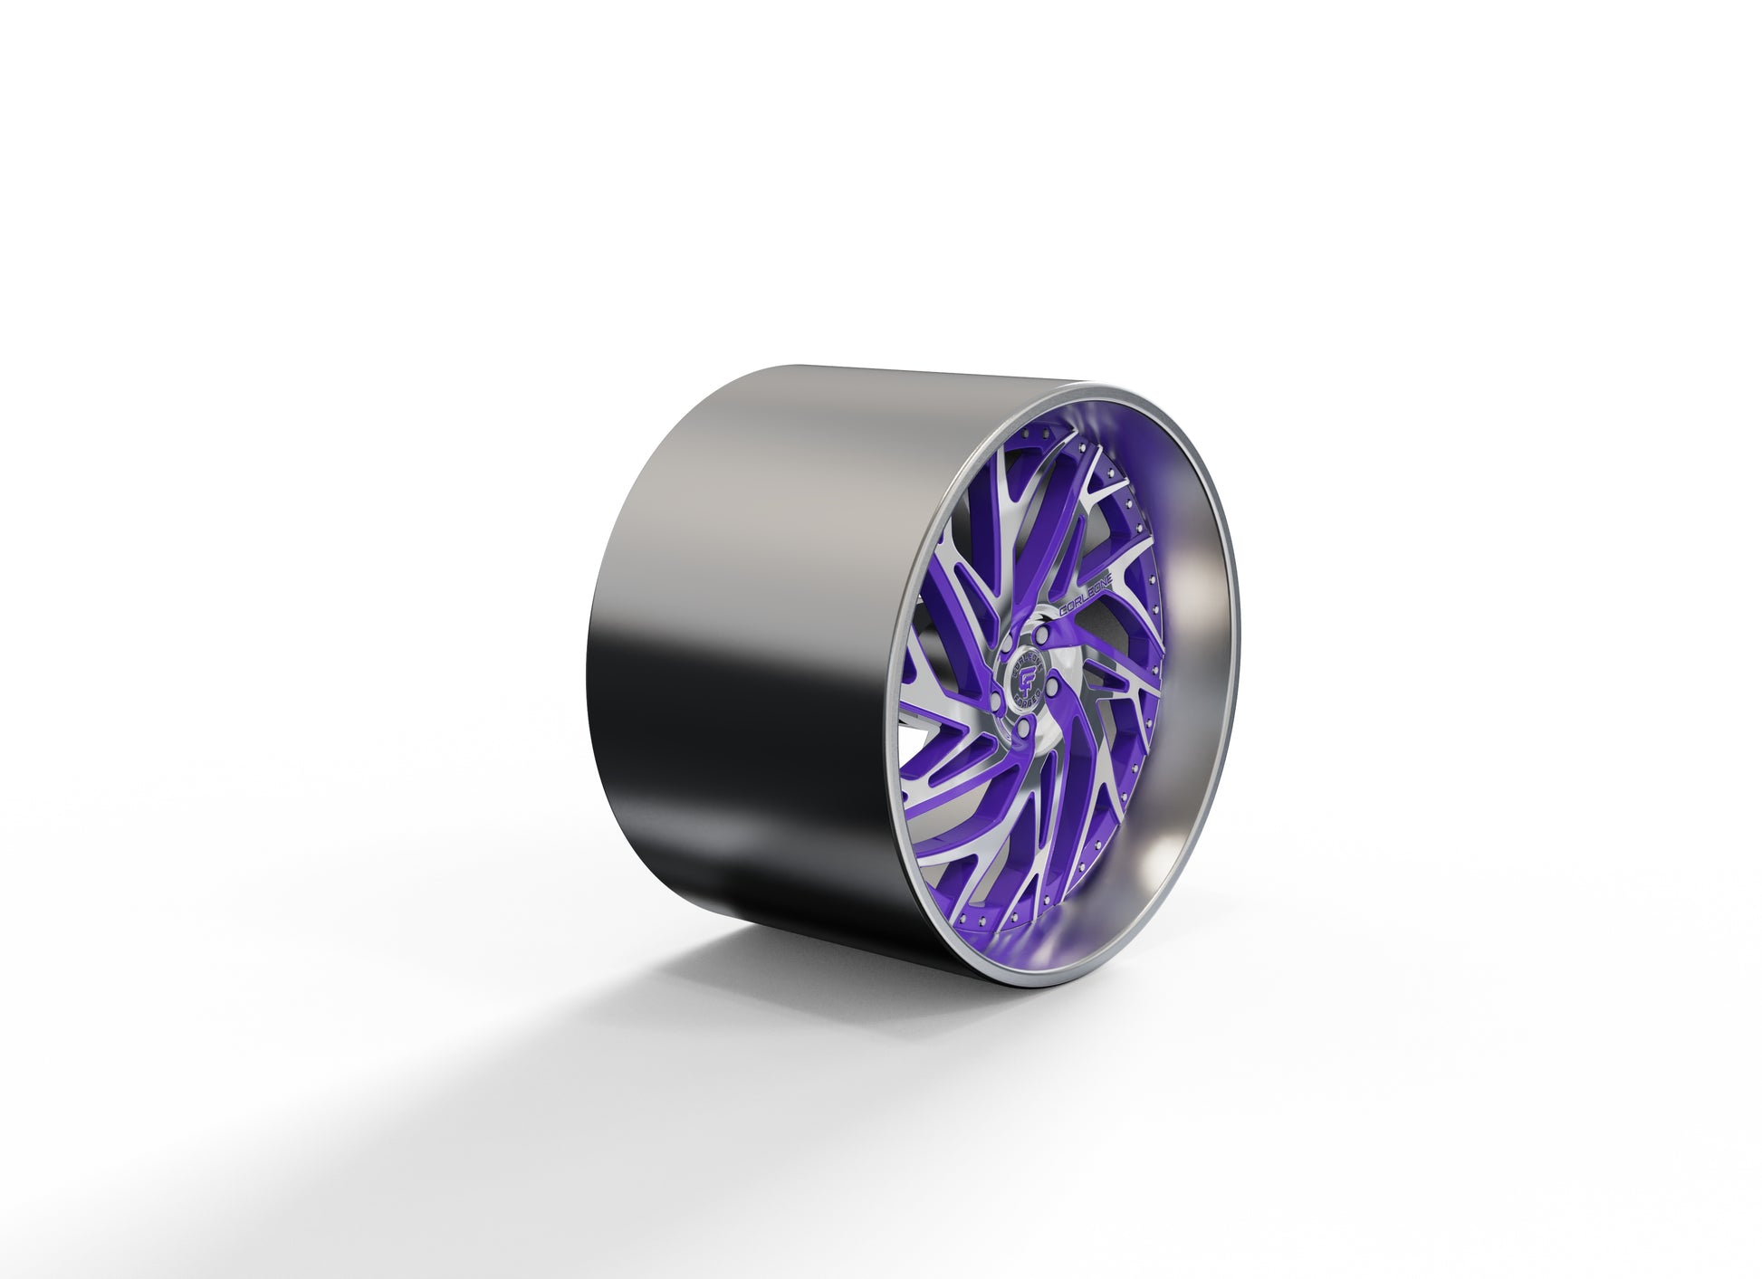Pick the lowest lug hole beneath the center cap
1020,726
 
